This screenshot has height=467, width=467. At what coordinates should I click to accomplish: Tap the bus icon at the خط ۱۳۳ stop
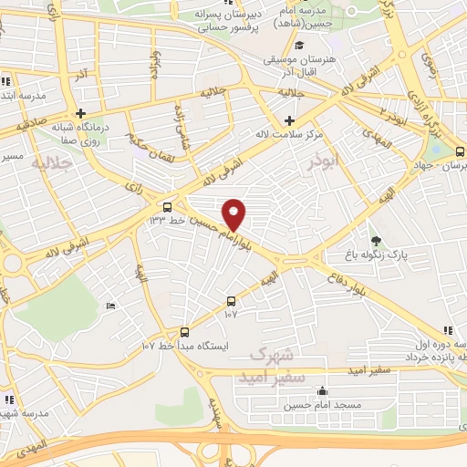pos(166,207)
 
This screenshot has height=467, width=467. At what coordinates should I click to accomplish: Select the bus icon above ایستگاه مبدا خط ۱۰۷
pos(185,332)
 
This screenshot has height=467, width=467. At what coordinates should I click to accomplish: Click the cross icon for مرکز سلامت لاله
pos(290,120)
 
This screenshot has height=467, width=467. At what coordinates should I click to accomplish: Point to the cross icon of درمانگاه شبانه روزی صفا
pos(81,113)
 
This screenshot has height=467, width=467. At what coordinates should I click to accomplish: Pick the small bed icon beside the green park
pos(110,306)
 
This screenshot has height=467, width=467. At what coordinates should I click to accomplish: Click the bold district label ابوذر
pos(324,161)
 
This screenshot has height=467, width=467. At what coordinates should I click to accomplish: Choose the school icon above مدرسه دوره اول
pos(447,330)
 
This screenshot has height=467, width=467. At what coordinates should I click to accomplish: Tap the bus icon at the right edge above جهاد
pos(458,152)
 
